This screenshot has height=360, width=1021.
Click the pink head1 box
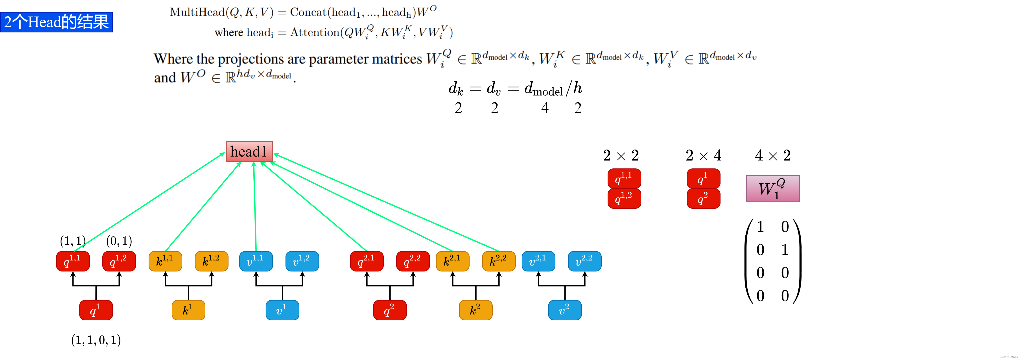(249, 151)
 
